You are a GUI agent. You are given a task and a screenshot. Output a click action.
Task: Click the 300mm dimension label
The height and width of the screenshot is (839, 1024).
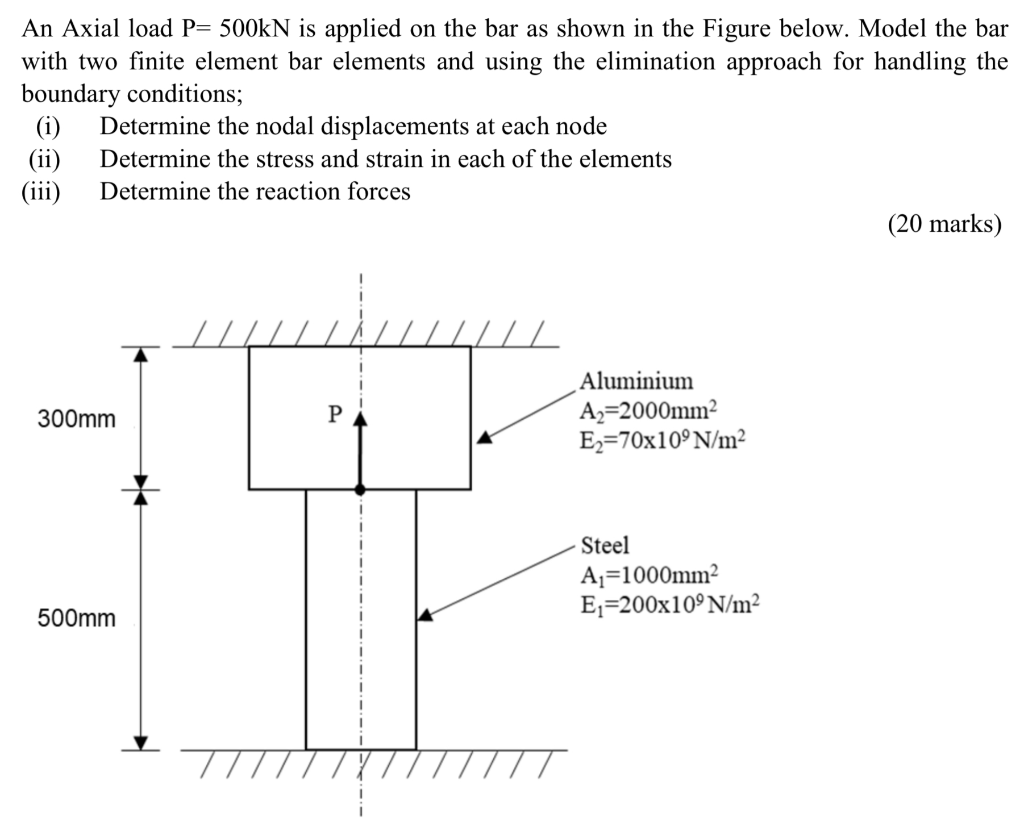tap(76, 419)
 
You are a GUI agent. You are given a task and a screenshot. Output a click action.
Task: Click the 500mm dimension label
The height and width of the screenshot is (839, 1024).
tap(76, 619)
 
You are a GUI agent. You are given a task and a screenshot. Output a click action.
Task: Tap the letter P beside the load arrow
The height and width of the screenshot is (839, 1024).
tap(335, 412)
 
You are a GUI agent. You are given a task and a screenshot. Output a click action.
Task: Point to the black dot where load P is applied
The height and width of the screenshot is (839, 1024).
tap(360, 489)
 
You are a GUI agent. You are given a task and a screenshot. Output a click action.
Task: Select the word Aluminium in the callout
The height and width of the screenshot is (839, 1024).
tap(636, 381)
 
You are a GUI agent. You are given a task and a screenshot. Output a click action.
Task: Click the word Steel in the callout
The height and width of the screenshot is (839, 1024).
tap(605, 546)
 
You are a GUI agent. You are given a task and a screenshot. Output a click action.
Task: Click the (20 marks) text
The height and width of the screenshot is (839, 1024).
tap(943, 224)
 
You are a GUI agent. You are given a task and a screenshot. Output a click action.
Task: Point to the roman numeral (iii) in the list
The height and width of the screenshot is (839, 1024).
tap(41, 191)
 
